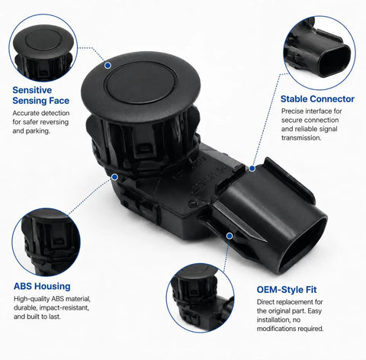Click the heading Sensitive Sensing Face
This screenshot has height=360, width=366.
pyautogui.click(x=41, y=95)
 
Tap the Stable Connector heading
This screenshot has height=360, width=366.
pyautogui.click(x=317, y=99)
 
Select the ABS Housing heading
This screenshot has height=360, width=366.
pyautogui.click(x=42, y=286)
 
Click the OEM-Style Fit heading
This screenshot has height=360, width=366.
pyautogui.click(x=287, y=290)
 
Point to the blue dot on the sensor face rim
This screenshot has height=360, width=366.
pyautogui.click(x=108, y=66)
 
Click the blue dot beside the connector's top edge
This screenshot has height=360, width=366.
pyautogui.click(x=252, y=169)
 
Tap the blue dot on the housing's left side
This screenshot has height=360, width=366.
pyautogui.click(x=114, y=177)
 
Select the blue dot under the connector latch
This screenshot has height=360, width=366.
pyautogui.click(x=230, y=236)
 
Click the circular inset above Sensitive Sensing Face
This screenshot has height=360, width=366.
pyautogui.click(x=43, y=48)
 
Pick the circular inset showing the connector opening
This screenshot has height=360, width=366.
pyautogui.click(x=319, y=53)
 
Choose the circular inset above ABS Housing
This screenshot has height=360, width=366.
pyautogui.click(x=46, y=242)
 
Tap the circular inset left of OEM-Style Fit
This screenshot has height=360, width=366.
pyautogui.click(x=201, y=297)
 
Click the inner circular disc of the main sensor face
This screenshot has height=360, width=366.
pyautogui.click(x=140, y=82)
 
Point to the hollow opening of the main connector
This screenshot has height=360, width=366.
pyautogui.click(x=303, y=245)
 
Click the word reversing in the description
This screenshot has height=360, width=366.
pyautogui.click(x=54, y=122)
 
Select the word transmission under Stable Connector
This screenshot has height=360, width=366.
pyautogui.click(x=301, y=138)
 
